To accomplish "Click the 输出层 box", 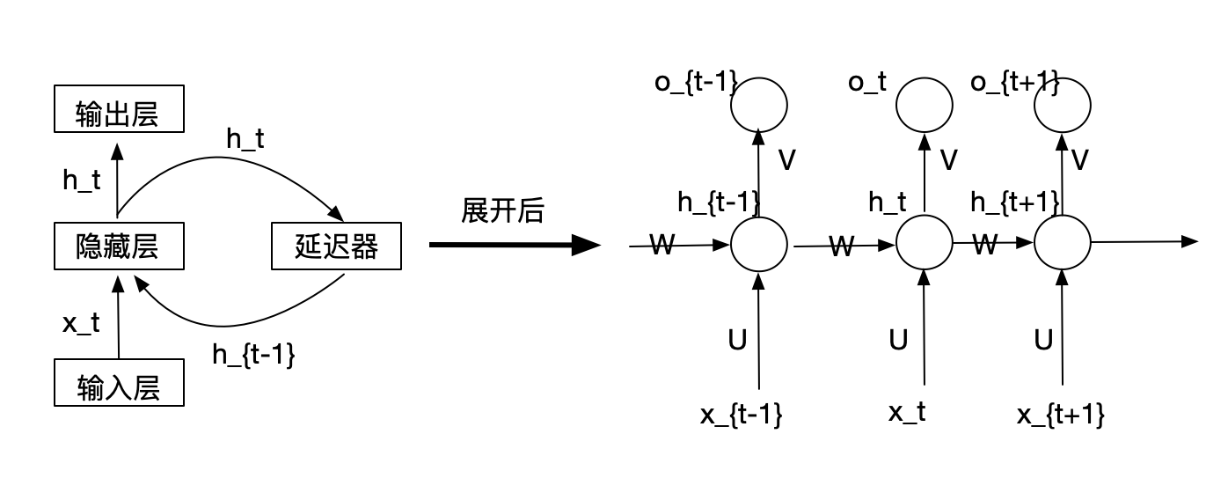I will pos(119,108).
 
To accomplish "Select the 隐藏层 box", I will pos(119,246).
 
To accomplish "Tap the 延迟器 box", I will pos(336,246).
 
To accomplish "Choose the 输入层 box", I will pos(119,382).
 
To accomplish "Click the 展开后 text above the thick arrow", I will pos(502,211).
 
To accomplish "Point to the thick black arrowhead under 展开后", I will pos(585,245).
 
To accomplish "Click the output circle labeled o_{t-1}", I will pos(759,105).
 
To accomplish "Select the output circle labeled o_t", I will pos(924,105).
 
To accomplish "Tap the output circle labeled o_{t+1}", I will pos(1062,105).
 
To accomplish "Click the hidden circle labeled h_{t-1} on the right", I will pos(759,245).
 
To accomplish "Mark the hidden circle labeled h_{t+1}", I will pos(1062,244).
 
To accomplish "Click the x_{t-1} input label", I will pos(741,415).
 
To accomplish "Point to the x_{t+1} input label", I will pos(1059,415).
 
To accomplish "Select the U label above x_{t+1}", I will pos(1043,340).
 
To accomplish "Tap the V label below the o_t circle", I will pos(948,160).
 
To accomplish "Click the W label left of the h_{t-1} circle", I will pos(662,244).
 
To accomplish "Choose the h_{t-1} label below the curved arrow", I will pos(253,355).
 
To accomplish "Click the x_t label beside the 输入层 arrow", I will pos(81,322).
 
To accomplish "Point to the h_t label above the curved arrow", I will pos(245,138).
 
